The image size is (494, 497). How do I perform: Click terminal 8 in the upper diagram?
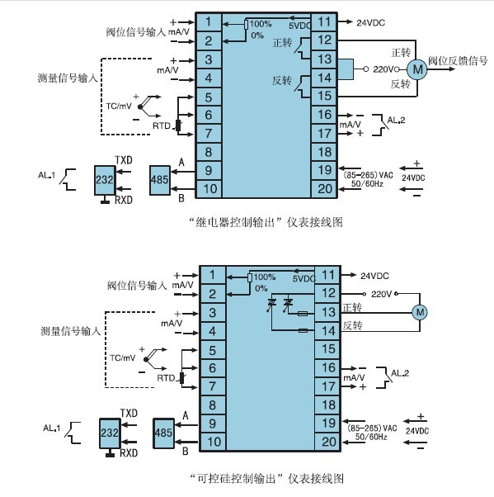tap(209, 152)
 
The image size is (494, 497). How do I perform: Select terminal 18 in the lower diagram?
tap(328, 405)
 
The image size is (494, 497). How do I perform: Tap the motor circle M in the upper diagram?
tap(417, 69)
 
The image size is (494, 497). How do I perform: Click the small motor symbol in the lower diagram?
tap(420, 312)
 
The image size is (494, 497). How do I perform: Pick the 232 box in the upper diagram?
tap(105, 180)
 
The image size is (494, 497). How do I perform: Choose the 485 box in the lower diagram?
tap(163, 433)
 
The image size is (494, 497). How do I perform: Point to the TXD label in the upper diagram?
tap(124, 160)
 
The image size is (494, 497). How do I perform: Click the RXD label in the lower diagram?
tap(129, 453)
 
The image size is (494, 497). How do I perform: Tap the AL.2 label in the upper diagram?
tap(396, 121)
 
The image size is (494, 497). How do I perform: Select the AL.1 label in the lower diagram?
tap(51, 428)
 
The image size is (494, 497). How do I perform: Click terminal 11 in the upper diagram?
tap(324, 22)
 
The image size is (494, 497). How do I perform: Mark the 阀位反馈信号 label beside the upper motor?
tap(458, 60)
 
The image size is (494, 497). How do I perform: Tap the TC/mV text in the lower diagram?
tap(123, 357)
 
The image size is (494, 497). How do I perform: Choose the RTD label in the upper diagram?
tap(162, 125)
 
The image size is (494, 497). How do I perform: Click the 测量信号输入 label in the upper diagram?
tap(68, 78)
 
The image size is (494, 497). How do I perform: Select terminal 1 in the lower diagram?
tap(212, 275)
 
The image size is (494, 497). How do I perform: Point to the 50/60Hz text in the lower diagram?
tap(371, 437)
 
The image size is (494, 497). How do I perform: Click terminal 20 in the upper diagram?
tap(324, 189)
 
